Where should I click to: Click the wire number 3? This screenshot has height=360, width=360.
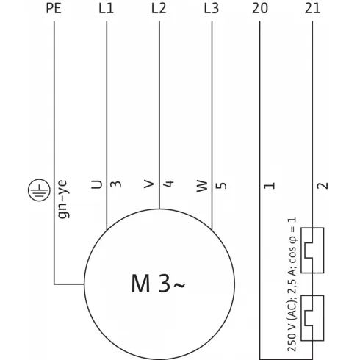tap(116, 184)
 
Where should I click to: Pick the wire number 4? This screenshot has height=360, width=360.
tap(168, 184)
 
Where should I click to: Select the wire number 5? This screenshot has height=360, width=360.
tap(221, 184)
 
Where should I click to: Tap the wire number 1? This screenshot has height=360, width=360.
tap(270, 184)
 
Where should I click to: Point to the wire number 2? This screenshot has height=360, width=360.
tap(322, 184)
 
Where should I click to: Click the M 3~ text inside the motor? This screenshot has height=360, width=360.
tap(158, 283)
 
